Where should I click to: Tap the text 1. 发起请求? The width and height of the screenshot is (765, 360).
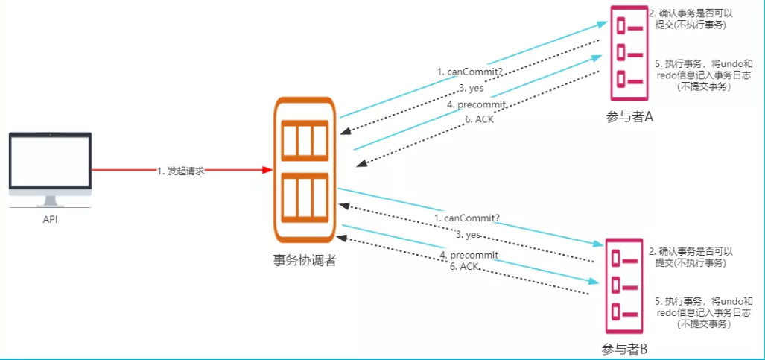(x=180, y=170)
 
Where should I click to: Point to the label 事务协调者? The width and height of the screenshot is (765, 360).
(x=304, y=260)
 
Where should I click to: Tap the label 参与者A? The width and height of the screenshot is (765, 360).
(x=629, y=116)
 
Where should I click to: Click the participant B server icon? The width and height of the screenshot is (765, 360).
(x=623, y=286)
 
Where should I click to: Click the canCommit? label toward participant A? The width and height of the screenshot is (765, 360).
(x=469, y=72)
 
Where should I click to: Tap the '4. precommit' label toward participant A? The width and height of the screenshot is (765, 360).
(x=471, y=104)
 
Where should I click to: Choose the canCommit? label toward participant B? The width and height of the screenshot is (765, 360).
(x=467, y=218)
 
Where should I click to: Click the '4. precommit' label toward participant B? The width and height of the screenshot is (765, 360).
(x=469, y=255)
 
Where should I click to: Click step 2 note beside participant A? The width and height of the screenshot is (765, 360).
(x=691, y=19)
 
